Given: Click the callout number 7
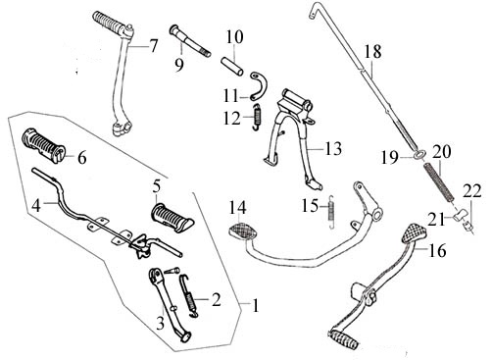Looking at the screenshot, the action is [x=153, y=46].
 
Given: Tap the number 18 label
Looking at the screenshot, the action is [x=372, y=51].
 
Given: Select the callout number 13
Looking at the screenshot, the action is [x=333, y=148].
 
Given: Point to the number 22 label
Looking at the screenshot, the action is [x=472, y=190].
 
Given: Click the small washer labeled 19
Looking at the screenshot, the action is [x=420, y=154].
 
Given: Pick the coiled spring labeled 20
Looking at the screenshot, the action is [x=439, y=182].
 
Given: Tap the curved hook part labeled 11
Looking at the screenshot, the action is [x=259, y=85].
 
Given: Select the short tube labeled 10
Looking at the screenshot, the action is [x=231, y=67].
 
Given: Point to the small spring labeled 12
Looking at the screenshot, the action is [x=258, y=116].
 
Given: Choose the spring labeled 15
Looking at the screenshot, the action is [x=331, y=212].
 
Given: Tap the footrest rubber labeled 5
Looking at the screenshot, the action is [x=172, y=217].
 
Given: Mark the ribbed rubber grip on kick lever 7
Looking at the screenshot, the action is [x=109, y=21].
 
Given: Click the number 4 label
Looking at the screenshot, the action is [x=36, y=205].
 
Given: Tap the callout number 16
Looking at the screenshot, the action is [x=436, y=250].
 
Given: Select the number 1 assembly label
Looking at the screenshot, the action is [x=256, y=305].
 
